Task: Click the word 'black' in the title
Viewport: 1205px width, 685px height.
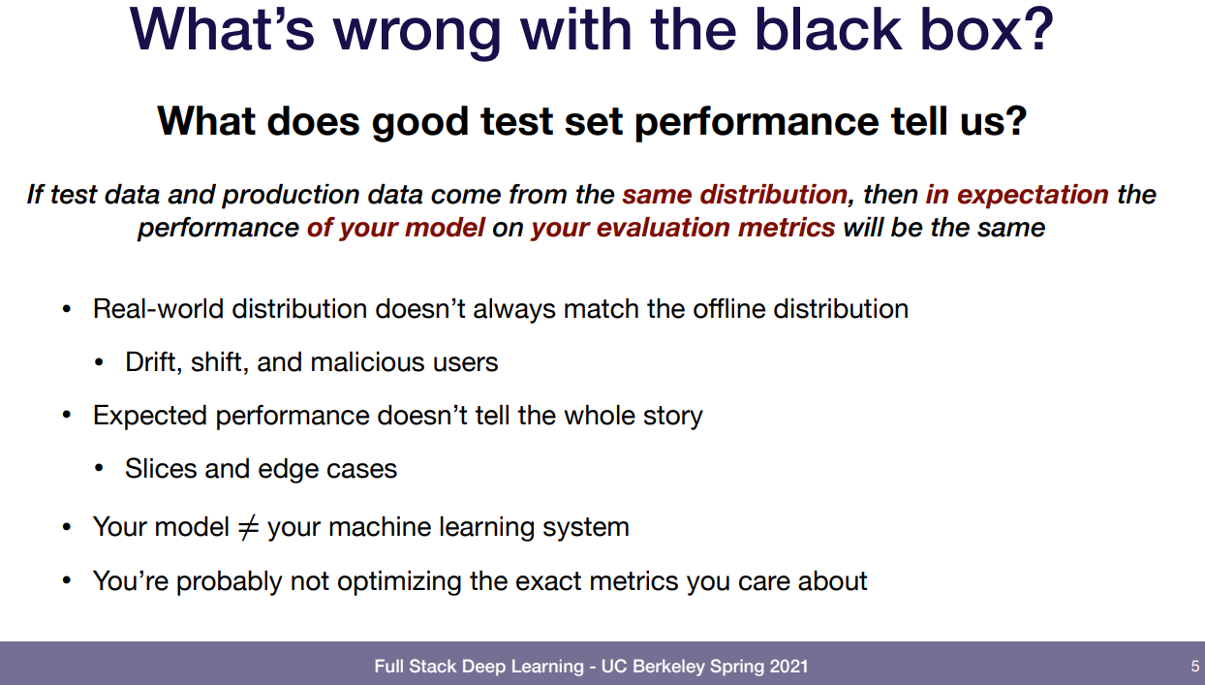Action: pyautogui.click(x=828, y=30)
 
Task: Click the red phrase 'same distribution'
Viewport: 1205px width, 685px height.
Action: pyautogui.click(x=735, y=195)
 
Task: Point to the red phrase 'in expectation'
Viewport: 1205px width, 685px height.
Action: pyautogui.click(x=1017, y=196)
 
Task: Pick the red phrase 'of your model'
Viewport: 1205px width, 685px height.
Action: pyautogui.click(x=396, y=228)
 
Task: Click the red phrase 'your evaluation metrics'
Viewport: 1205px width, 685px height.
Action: pyautogui.click(x=683, y=228)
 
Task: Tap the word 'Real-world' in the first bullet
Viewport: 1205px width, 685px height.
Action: pyautogui.click(x=158, y=309)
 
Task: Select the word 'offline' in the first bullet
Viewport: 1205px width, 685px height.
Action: pyautogui.click(x=729, y=309)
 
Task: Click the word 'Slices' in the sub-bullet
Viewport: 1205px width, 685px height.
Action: pyautogui.click(x=161, y=469)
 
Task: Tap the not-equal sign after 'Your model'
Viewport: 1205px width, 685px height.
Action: pyautogui.click(x=248, y=527)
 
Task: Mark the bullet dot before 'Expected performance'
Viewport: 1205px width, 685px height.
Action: pyautogui.click(x=67, y=416)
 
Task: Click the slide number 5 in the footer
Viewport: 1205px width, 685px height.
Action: pyautogui.click(x=1194, y=667)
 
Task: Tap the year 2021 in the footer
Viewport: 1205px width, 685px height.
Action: pyautogui.click(x=788, y=667)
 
